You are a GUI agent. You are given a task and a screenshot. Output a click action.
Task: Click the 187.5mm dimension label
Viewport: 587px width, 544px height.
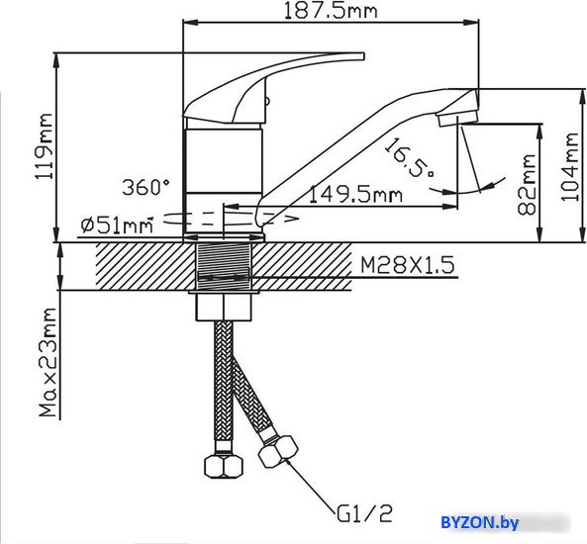pos(331,11)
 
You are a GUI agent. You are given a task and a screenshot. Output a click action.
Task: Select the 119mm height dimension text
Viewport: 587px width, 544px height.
pos(44,146)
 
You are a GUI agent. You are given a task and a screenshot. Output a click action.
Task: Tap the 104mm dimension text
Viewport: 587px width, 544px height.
pos(570,167)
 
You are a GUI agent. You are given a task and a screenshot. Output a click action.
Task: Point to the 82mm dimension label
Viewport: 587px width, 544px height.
pos(527,185)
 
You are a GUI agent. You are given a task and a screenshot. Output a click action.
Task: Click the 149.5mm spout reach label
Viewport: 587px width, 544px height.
pos(355,195)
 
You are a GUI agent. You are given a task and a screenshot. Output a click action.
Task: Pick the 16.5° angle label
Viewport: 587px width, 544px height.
pos(410,158)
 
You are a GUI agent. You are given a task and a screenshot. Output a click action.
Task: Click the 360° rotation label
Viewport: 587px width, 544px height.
pos(146,187)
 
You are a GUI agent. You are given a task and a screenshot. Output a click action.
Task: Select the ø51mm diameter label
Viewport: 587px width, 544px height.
pos(117,226)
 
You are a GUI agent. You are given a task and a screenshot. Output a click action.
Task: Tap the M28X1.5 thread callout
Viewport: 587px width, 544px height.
pos(407,265)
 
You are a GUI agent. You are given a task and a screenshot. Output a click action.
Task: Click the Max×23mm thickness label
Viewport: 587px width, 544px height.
pos(49,362)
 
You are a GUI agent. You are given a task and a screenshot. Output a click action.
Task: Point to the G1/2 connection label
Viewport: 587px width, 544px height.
pos(364,513)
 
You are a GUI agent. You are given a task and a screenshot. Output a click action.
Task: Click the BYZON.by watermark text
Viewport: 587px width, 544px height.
pos(480,522)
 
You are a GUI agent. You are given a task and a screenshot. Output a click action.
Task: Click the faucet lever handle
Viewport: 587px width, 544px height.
pos(262,90)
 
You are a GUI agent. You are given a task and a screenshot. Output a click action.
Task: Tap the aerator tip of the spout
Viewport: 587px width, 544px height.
pos(458,120)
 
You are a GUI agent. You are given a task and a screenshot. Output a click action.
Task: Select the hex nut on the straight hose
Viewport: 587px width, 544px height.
pos(224,467)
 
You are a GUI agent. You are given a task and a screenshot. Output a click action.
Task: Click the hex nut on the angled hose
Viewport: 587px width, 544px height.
pos(278,452)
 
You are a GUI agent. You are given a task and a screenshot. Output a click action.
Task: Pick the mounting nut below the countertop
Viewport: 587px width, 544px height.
pos(224,307)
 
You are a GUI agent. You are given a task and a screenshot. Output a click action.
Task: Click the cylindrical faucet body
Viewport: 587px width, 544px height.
pos(224,181)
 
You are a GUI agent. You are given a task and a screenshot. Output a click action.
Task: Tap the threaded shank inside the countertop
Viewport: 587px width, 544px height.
pos(224,266)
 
